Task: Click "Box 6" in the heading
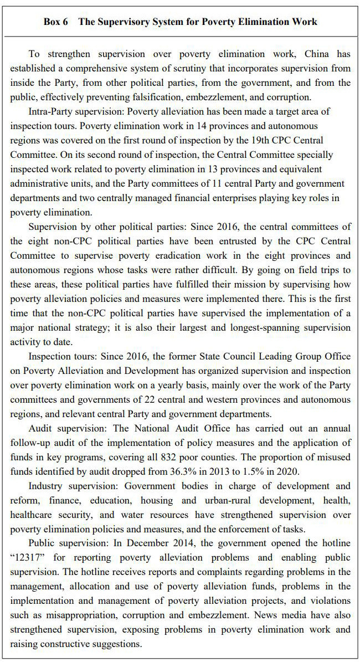coord(56,22)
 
